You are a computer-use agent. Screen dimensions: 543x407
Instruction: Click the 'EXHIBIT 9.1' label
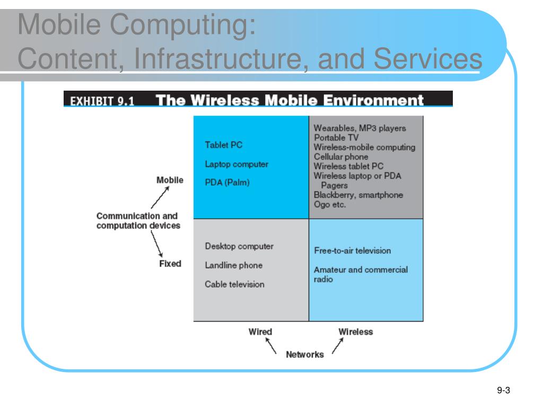pyautogui.click(x=102, y=101)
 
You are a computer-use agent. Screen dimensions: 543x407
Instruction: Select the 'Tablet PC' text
pyautogui.click(x=223, y=145)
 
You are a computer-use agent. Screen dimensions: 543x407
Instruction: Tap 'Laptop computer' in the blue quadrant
pyautogui.click(x=237, y=164)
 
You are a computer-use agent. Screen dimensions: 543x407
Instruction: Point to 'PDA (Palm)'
pyautogui.click(x=227, y=182)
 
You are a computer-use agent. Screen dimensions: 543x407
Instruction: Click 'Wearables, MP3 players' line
pyautogui.click(x=360, y=128)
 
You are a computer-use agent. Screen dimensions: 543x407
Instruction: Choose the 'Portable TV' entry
pyautogui.click(x=336, y=138)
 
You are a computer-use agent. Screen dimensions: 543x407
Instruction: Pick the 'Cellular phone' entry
pyautogui.click(x=341, y=157)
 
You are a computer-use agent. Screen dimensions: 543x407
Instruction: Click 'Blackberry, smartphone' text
pyautogui.click(x=358, y=195)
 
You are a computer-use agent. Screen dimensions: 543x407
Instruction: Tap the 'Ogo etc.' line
pyautogui.click(x=330, y=205)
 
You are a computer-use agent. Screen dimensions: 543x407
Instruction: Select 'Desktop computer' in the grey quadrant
pyautogui.click(x=239, y=246)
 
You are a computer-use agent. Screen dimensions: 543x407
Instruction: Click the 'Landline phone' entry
pyautogui.click(x=234, y=266)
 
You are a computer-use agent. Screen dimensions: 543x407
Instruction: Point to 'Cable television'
pyautogui.click(x=234, y=285)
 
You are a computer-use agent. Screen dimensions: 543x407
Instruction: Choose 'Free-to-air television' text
pyautogui.click(x=352, y=251)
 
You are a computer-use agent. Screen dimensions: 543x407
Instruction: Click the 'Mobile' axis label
pyautogui.click(x=170, y=180)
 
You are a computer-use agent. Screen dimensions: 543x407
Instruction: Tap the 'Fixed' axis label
pyautogui.click(x=170, y=264)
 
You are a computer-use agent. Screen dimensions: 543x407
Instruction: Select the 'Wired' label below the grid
pyautogui.click(x=260, y=332)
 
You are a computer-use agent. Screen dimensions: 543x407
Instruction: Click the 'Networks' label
pyautogui.click(x=305, y=355)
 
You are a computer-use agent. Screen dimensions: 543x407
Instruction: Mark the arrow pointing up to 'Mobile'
pyautogui.click(x=160, y=197)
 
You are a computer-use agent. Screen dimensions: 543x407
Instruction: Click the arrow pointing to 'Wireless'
pyautogui.click(x=338, y=346)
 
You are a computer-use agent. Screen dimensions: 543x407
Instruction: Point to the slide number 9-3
pyautogui.click(x=504, y=391)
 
